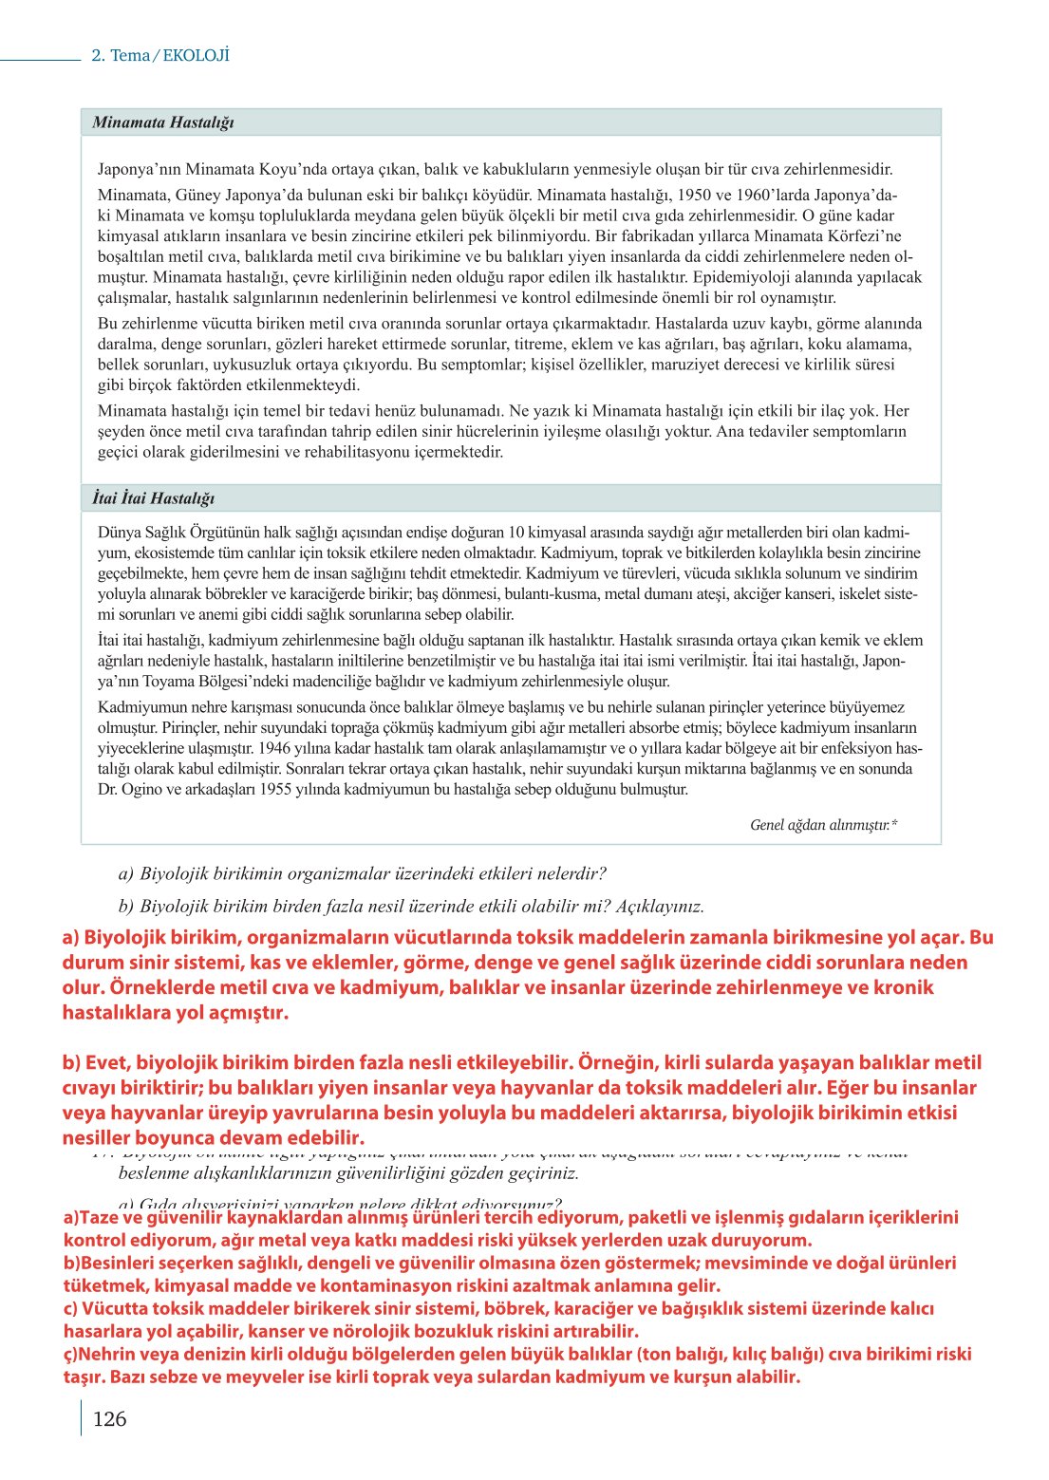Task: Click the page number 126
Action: [x=109, y=1419]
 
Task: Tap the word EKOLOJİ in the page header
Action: [x=197, y=55]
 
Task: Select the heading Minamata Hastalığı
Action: [x=162, y=122]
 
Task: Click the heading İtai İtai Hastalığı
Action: [x=153, y=498]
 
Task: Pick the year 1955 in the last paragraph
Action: [x=279, y=789]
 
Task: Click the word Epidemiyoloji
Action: [x=739, y=277]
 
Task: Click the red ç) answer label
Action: [x=71, y=1354]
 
